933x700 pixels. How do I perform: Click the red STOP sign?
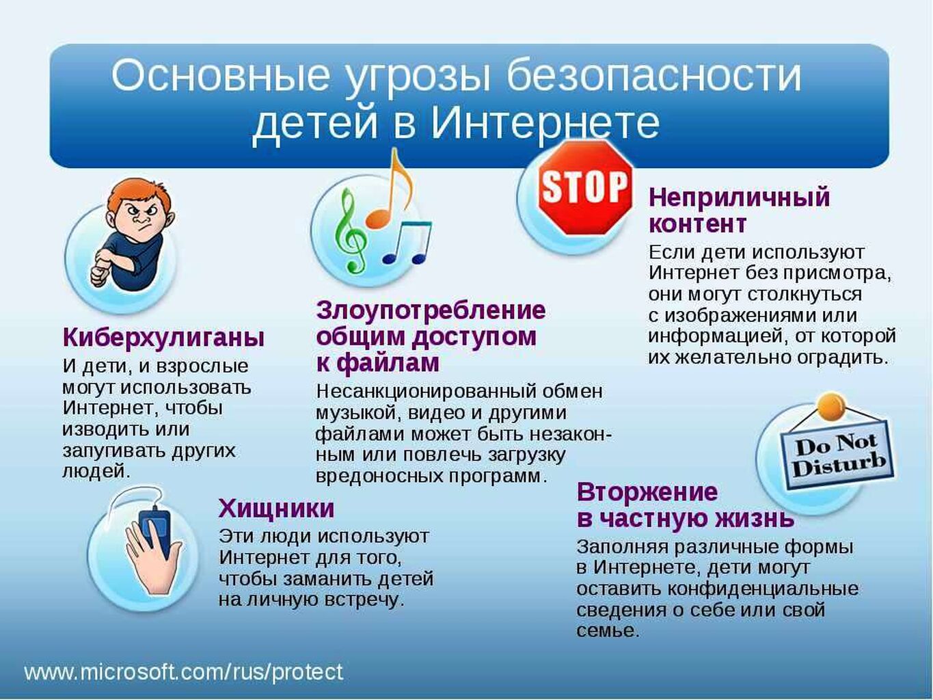click(x=585, y=187)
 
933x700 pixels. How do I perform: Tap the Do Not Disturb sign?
click(x=837, y=458)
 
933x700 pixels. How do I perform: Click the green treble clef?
click(x=351, y=230)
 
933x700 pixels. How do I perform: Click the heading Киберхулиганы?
click(x=163, y=338)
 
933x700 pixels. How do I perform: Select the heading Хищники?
click(x=276, y=509)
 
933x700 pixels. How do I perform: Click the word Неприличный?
click(x=739, y=198)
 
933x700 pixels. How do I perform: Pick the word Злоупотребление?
click(x=431, y=310)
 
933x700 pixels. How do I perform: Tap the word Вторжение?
click(x=647, y=492)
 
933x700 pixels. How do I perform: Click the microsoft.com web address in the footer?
click(x=183, y=672)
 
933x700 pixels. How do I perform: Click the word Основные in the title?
click(x=220, y=76)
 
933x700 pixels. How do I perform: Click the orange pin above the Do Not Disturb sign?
click(x=832, y=404)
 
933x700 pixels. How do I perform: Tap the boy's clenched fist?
click(x=101, y=275)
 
